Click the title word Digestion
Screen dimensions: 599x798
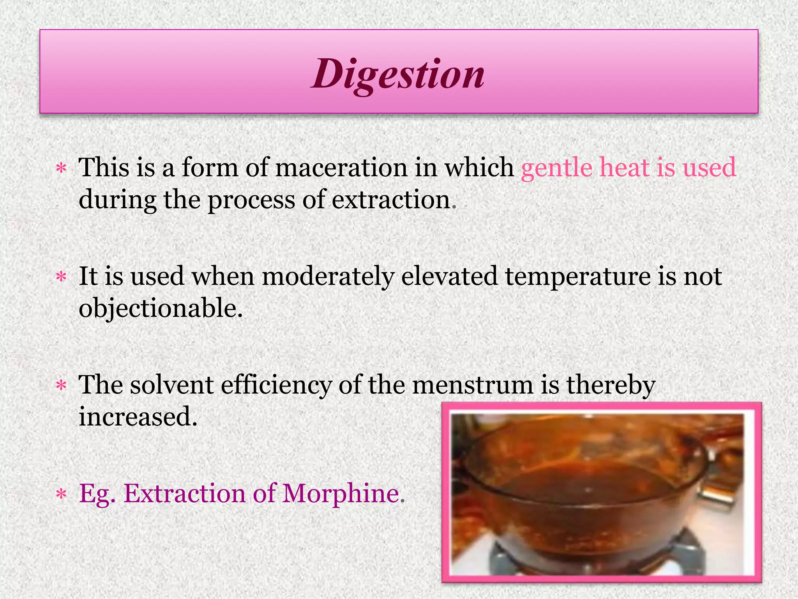click(398, 74)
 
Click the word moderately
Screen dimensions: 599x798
click(327, 276)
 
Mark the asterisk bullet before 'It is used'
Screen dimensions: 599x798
click(61, 278)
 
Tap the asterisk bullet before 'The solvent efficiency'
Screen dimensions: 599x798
click(61, 386)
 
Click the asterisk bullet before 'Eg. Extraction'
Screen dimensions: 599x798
click(61, 495)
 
